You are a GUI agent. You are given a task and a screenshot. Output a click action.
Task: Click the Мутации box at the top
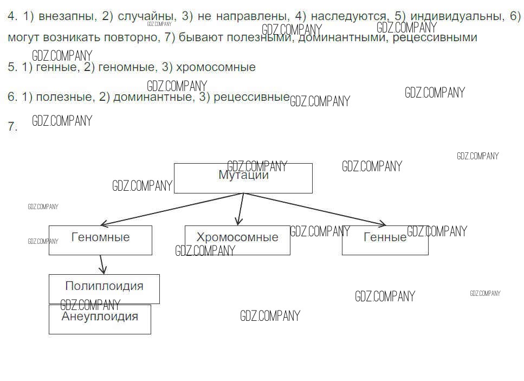coord(243,178)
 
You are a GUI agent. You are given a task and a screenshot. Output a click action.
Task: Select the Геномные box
coord(100,240)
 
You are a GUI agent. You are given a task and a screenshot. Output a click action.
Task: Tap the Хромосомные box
coord(237,240)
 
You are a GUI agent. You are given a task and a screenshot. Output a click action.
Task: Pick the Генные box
coord(385,240)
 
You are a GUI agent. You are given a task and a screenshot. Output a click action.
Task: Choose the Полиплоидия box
coord(104,288)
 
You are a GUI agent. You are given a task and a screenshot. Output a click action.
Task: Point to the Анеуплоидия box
coord(100,319)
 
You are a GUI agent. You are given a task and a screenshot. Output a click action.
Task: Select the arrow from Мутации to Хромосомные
coord(240,209)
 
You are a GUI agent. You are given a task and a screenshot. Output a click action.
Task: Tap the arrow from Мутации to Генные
coord(314,209)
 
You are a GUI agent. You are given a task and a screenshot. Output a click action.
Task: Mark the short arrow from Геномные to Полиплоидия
coord(102,264)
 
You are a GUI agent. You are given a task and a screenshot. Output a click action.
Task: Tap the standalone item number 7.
coord(12,127)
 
